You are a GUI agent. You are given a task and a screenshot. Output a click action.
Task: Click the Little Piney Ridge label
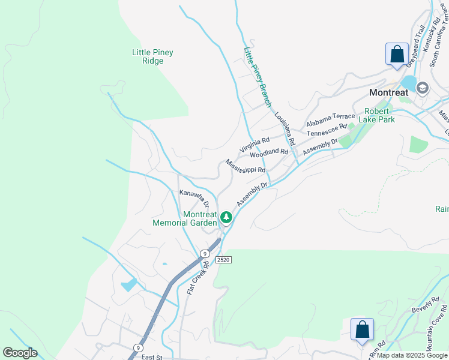tap(152, 56)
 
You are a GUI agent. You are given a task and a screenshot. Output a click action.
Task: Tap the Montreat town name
tap(388, 92)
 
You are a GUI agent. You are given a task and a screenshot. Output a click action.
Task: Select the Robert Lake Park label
tap(376, 115)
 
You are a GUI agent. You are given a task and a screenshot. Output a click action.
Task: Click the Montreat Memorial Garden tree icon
tap(226, 217)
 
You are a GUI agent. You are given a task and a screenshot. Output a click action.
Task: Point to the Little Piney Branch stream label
tap(257, 78)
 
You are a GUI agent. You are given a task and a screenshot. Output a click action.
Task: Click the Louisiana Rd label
tap(285, 129)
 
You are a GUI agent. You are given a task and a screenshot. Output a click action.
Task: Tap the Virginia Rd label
tap(255, 144)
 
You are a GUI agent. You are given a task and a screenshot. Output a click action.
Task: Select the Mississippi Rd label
tap(246, 166)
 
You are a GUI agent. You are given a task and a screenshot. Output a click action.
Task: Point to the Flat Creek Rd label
tap(197, 277)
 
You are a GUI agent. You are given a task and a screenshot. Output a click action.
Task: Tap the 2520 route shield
tap(223, 259)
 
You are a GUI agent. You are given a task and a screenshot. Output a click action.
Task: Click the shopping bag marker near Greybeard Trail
tap(397, 54)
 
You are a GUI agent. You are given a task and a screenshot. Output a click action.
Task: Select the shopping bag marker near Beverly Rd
tap(362, 329)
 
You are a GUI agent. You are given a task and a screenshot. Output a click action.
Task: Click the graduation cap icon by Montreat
tap(422, 88)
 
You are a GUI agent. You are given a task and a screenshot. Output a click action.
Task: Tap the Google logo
tap(20, 353)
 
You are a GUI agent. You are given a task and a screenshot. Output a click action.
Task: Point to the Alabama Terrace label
tap(330, 120)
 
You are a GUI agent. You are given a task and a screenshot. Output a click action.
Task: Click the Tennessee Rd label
tap(327, 130)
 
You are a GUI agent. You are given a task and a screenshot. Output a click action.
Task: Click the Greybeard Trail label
tap(415, 46)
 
